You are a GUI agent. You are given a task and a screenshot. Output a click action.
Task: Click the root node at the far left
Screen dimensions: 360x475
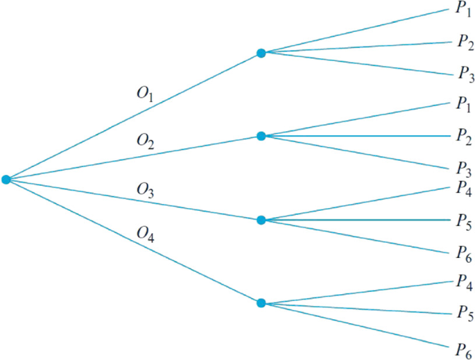pos(6,180)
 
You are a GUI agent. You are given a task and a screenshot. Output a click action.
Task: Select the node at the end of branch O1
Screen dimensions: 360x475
pos(261,53)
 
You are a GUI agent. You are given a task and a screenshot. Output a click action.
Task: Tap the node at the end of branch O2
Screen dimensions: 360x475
pos(261,136)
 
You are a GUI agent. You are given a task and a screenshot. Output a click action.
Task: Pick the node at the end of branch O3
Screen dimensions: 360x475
pos(261,220)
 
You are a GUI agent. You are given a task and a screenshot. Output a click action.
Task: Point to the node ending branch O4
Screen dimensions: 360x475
pos(261,303)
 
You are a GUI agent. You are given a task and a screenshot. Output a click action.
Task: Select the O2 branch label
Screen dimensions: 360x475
pos(146,142)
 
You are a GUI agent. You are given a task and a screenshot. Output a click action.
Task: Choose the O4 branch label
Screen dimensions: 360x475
pos(146,235)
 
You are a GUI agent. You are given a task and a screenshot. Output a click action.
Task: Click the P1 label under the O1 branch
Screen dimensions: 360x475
pos(463,10)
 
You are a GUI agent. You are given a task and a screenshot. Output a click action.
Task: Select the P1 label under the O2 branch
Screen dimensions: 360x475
pos(463,105)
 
